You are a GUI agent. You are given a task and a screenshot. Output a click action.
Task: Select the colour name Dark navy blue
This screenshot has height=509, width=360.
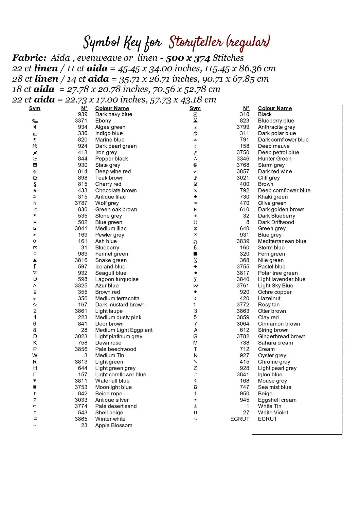(113, 114)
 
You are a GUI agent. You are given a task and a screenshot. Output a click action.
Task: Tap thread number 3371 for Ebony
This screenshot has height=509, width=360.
(81, 121)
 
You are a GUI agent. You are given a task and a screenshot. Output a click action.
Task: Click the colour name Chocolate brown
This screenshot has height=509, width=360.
(116, 191)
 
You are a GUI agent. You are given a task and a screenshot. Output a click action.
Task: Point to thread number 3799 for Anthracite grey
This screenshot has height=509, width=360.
(243, 127)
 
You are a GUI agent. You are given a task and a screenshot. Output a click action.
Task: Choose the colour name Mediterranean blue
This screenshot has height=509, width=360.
(282, 241)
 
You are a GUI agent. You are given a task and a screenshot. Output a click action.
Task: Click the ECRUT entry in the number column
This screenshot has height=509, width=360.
(240, 419)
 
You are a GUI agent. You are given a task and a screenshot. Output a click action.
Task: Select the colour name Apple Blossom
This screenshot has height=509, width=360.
(113, 426)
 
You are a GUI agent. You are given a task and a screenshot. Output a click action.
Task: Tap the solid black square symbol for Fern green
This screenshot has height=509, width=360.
(195, 254)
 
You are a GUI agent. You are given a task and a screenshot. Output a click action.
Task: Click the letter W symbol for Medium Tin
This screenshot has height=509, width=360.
(35, 356)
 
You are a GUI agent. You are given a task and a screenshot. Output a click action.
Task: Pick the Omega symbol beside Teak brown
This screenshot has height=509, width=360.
(35, 178)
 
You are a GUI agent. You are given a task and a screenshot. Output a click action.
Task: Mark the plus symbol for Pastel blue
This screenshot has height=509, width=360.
(195, 267)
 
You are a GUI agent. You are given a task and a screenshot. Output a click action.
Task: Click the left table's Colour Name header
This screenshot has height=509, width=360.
(112, 108)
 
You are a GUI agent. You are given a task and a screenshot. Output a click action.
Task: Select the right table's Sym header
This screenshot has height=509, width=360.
(195, 108)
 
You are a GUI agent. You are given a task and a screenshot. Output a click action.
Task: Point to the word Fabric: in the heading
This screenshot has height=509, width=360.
(29, 58)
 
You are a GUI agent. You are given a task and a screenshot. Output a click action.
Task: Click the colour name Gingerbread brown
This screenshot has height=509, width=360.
(282, 337)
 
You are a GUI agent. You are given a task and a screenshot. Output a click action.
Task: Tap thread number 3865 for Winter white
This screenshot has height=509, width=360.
(81, 419)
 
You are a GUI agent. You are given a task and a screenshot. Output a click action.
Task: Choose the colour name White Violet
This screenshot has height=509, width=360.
(273, 413)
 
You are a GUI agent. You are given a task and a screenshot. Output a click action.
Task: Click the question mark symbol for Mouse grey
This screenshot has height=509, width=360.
(195, 381)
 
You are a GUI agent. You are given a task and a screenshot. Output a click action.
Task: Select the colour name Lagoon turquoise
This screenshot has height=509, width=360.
(116, 279)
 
